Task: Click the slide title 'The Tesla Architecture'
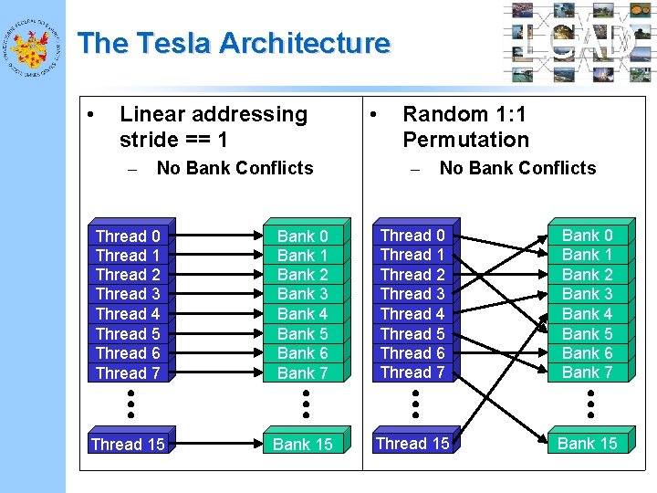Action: point(234,43)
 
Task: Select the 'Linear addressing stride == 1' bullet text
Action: point(214,127)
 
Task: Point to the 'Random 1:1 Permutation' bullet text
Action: point(465,127)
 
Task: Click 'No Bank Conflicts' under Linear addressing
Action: point(235,168)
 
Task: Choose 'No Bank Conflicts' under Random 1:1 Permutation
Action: point(517,168)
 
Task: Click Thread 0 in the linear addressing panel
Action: point(128,236)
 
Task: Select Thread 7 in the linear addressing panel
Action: point(128,372)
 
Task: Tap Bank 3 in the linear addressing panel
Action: point(302,294)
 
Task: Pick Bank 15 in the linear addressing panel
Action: point(302,445)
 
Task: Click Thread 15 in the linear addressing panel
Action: point(128,445)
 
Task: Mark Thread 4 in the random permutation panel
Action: point(412,313)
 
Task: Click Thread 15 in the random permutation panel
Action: point(412,444)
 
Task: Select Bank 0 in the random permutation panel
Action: point(587,236)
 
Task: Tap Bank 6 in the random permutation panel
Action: point(587,352)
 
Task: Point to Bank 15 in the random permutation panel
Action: point(587,444)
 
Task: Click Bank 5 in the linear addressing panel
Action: point(302,333)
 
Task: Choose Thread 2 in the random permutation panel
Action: point(412,274)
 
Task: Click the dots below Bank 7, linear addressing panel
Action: point(307,402)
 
